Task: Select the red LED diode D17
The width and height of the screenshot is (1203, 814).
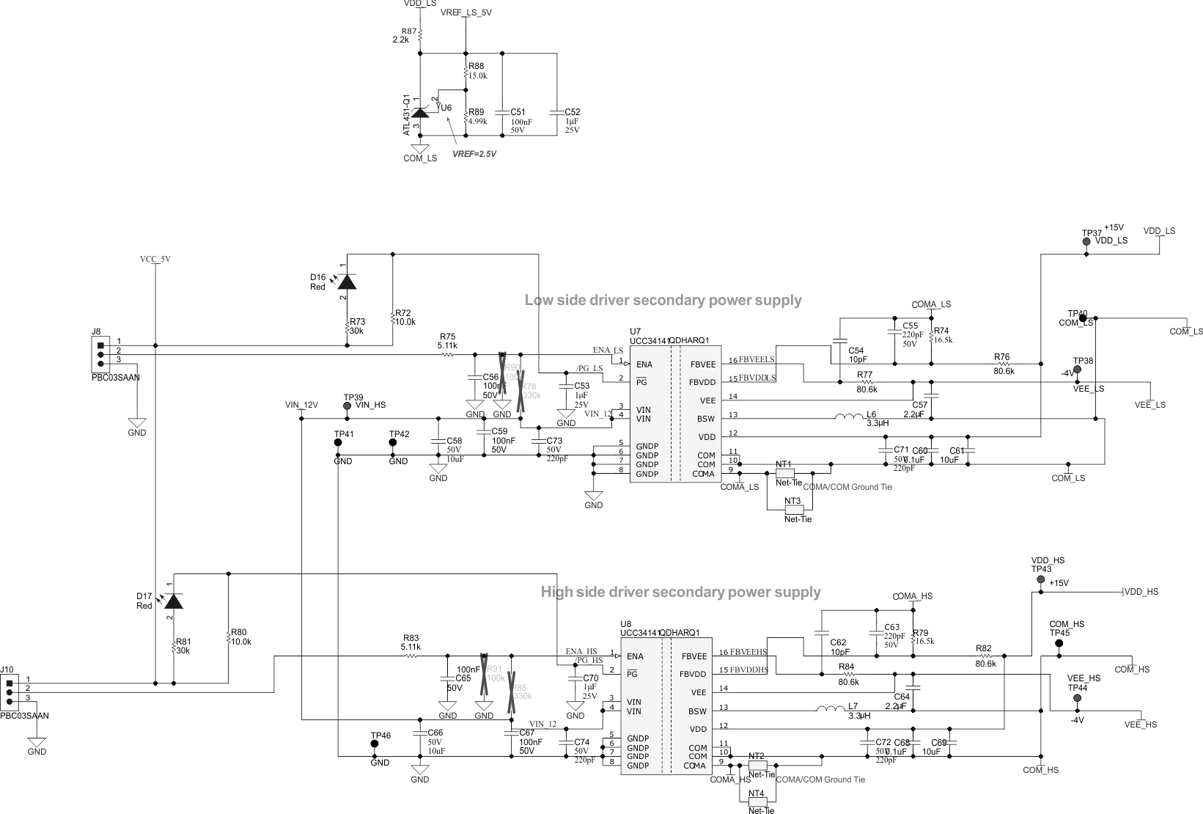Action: (172, 601)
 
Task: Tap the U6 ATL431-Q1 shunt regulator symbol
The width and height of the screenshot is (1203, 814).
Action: (419, 112)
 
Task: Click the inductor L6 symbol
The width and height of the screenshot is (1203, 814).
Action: (848, 418)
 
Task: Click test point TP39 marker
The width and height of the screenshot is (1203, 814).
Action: (347, 405)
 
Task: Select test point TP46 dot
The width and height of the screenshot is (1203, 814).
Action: (375, 744)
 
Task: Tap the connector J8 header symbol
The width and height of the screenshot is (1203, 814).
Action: (100, 354)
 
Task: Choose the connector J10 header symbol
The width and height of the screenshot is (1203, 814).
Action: (10, 692)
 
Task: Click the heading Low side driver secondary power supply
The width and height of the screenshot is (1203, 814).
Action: (663, 300)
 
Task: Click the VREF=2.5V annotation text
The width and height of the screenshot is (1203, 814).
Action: (474, 155)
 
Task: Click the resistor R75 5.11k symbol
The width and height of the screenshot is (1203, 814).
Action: (447, 355)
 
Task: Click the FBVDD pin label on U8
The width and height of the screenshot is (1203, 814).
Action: (693, 674)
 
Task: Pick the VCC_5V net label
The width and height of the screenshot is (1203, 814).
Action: (155, 259)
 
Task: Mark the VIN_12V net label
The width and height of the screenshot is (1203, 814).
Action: (301, 405)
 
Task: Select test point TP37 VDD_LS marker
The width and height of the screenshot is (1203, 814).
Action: (1086, 241)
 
